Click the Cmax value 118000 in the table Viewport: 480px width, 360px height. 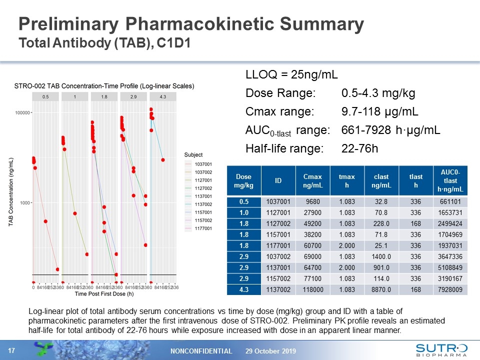(x=314, y=289)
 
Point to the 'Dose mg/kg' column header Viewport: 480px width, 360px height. (x=244, y=181)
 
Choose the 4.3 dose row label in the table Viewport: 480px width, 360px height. (x=244, y=289)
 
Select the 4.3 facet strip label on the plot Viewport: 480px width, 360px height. (x=163, y=96)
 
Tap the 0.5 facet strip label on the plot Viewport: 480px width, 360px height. (x=45, y=96)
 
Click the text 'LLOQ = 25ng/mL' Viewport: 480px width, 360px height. (x=291, y=75)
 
